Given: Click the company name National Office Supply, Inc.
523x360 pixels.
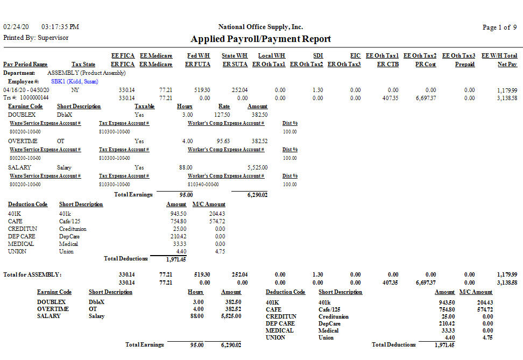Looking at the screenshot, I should click(x=260, y=27).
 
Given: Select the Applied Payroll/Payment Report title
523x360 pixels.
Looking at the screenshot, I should click(x=261, y=39).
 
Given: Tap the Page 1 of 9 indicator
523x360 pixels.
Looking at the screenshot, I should click(x=499, y=27).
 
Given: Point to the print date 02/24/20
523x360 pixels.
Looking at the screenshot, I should click(x=15, y=27).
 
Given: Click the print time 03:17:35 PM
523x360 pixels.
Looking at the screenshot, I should click(x=60, y=27).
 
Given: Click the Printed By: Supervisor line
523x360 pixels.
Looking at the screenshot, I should click(x=36, y=38).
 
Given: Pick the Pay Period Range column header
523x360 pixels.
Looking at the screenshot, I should click(x=25, y=65).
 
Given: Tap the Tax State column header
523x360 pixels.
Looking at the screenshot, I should click(x=83, y=65).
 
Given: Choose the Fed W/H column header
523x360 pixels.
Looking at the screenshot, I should click(x=199, y=55).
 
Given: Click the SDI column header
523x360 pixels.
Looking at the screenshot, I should click(x=317, y=55).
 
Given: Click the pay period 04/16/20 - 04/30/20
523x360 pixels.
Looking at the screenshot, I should click(x=26, y=90).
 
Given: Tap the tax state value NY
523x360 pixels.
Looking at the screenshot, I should click(x=75, y=90).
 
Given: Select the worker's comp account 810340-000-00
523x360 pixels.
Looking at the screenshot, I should click(x=203, y=184).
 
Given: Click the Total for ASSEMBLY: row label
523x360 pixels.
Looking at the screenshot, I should click(x=32, y=274).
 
